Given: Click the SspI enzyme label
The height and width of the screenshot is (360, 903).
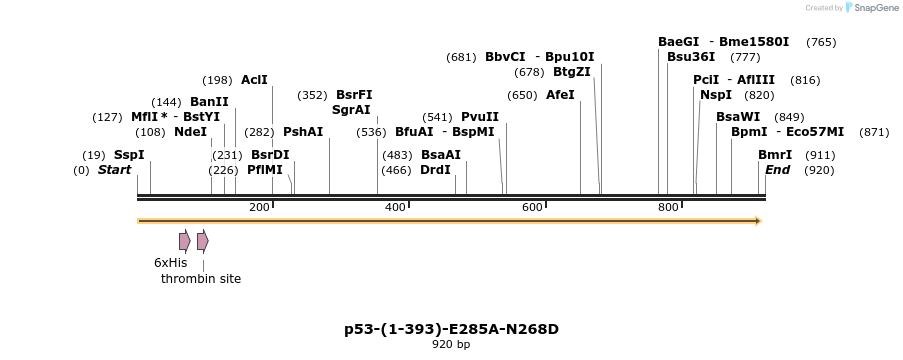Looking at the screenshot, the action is pyautogui.click(x=129, y=155).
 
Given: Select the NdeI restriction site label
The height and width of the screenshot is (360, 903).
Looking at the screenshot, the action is pyautogui.click(x=190, y=132).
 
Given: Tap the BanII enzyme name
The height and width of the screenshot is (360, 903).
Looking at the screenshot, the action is pyautogui.click(x=209, y=102).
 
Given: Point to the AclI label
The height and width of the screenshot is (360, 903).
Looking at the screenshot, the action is pyautogui.click(x=254, y=80).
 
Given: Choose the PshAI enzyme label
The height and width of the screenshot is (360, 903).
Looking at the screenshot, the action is pyautogui.click(x=303, y=132).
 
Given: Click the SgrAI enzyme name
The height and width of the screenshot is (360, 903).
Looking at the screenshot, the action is pyautogui.click(x=351, y=110).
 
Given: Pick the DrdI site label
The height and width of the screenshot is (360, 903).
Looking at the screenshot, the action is pyautogui.click(x=435, y=170).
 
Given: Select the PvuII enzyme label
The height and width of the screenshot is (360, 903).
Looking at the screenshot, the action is pyautogui.click(x=480, y=117).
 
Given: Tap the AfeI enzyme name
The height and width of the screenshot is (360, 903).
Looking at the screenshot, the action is pyautogui.click(x=560, y=95).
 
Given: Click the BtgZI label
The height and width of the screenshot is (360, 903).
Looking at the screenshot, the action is pyautogui.click(x=572, y=72).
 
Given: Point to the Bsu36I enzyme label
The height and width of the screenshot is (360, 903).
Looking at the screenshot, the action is pyautogui.click(x=691, y=57).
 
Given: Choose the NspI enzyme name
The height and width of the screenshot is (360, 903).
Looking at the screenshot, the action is pyautogui.click(x=716, y=95).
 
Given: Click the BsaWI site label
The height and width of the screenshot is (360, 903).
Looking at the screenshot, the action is pyautogui.click(x=738, y=117).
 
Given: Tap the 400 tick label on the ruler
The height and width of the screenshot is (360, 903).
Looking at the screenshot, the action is pyautogui.click(x=395, y=207).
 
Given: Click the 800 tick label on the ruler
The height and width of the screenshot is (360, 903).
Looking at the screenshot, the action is pyautogui.click(x=668, y=207).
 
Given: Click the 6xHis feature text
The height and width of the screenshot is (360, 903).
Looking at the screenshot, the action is pyautogui.click(x=170, y=263).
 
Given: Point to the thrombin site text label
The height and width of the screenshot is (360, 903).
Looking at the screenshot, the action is pyautogui.click(x=201, y=279).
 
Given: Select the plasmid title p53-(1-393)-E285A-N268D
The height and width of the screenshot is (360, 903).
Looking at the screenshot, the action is pyautogui.click(x=451, y=328).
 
